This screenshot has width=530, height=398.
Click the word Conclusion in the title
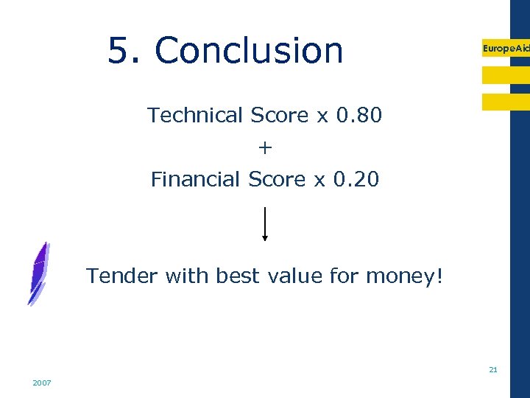(249, 51)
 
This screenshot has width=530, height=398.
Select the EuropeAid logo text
(505, 48)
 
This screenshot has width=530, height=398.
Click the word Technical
(195, 116)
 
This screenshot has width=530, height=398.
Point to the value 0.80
(358, 116)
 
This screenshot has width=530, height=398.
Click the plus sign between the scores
(265, 148)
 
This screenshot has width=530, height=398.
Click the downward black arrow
(265, 224)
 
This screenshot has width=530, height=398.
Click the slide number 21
(493, 369)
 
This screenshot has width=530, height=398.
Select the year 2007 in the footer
(41, 383)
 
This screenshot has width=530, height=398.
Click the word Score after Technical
(280, 116)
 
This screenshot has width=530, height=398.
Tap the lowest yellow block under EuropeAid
(505, 102)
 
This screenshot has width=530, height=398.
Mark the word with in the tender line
(188, 276)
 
